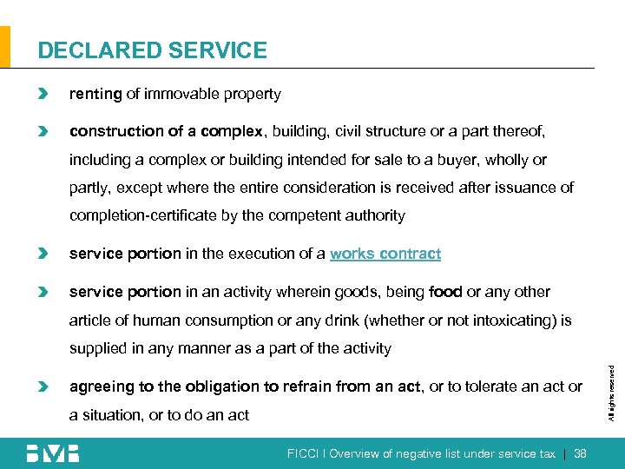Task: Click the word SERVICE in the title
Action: pyautogui.click(x=212, y=50)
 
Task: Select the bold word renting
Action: pyautogui.click(x=95, y=94)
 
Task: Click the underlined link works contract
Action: pyautogui.click(x=385, y=254)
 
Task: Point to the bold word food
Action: pyautogui.click(x=446, y=292)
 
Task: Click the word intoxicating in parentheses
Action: pyautogui.click(x=494, y=320)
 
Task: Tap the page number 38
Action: pyautogui.click(x=581, y=453)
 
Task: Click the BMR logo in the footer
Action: pyautogui.click(x=53, y=453)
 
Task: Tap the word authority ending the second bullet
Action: pyautogui.click(x=375, y=215)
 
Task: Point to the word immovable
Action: pyautogui.click(x=180, y=94)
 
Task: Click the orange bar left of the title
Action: pyautogui.click(x=5, y=47)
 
